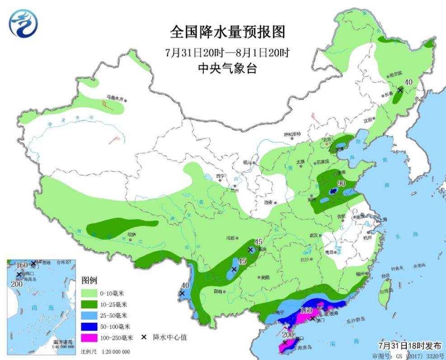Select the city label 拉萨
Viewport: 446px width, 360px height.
131,234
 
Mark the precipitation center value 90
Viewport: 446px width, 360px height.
341,183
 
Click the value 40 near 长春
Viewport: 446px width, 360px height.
408,82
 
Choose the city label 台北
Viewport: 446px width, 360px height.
385,275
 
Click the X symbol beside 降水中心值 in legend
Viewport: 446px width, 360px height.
144,337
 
